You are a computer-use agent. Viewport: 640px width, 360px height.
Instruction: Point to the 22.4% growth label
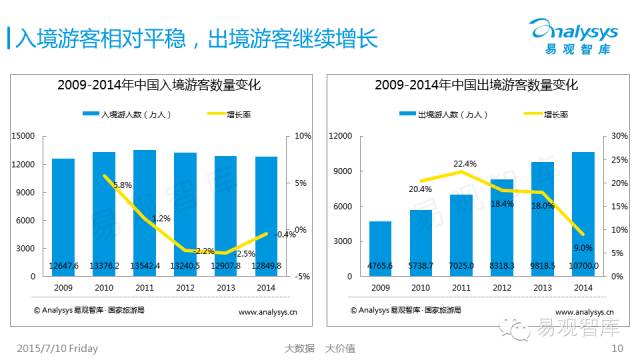(x=464, y=164)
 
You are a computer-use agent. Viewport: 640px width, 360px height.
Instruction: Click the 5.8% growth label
(x=122, y=185)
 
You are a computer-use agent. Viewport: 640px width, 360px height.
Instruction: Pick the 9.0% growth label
(x=582, y=247)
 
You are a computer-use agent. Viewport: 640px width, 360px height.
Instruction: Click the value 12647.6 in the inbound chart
(x=63, y=265)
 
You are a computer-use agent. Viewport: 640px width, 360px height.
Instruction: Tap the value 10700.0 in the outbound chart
(x=583, y=265)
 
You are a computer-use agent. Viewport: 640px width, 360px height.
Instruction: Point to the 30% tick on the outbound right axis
(x=619, y=135)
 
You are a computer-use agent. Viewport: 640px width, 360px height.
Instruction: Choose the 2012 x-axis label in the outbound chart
(x=502, y=287)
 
